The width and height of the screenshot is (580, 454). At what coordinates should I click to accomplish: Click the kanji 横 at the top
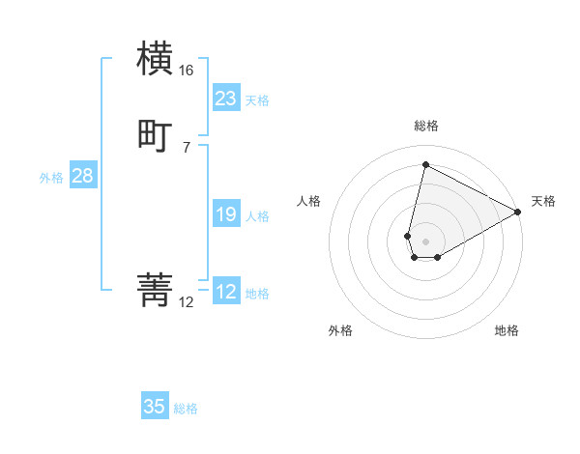156,58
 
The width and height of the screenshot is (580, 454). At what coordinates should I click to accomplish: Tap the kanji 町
156,135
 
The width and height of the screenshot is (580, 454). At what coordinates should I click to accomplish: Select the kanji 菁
156,290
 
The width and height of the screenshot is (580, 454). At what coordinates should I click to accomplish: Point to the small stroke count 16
186,71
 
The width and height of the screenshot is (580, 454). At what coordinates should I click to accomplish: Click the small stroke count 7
186,148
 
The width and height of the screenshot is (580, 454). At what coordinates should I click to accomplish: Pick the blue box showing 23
226,99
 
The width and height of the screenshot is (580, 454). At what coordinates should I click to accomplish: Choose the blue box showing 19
226,214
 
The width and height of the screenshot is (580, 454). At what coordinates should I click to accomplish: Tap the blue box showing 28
82,176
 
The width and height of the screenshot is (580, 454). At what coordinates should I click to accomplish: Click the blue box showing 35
155,407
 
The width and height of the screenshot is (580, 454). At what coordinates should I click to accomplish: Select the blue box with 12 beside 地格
226,292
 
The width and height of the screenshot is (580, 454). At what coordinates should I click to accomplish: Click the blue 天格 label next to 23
257,100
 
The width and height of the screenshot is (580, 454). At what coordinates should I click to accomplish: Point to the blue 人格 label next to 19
257,216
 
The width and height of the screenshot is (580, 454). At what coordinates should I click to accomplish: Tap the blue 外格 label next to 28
51,178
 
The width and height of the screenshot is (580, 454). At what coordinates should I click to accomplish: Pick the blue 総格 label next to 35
186,409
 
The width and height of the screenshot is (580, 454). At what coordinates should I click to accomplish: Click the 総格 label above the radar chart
425,126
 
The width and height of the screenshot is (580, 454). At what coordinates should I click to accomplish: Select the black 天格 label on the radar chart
544,201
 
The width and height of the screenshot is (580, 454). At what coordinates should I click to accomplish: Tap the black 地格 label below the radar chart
507,331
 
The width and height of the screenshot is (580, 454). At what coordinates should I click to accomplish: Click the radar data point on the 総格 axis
425,164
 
